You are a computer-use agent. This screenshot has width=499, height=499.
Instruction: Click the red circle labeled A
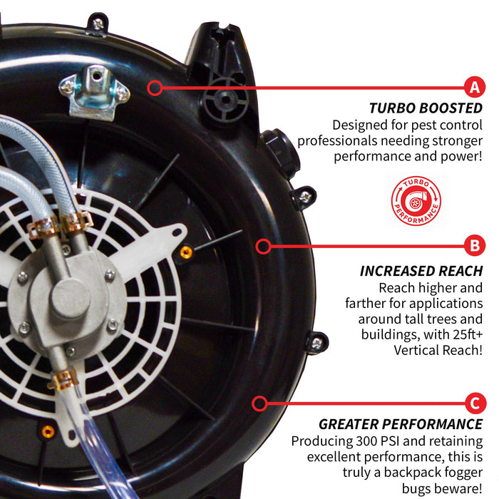[475, 86]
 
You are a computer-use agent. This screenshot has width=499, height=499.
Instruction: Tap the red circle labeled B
[475, 245]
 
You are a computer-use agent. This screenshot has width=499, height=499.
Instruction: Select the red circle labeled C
[475, 403]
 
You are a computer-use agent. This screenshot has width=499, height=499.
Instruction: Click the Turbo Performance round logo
[416, 201]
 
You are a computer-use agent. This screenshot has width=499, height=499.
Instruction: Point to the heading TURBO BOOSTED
[426, 108]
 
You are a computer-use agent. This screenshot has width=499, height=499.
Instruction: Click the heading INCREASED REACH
[421, 271]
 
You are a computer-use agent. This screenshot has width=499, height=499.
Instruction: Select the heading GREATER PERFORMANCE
[401, 424]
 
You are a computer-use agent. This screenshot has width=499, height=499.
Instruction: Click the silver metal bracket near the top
[95, 92]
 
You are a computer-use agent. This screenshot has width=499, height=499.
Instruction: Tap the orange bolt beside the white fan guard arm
[186, 252]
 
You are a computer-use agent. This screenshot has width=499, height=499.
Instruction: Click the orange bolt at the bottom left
[48, 431]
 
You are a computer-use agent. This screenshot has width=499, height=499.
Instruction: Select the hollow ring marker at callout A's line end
[155, 88]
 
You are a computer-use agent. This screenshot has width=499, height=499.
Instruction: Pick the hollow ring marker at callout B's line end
[263, 246]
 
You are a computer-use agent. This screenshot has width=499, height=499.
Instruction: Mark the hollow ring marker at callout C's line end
[259, 403]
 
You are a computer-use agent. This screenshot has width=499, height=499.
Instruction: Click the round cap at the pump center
[71, 299]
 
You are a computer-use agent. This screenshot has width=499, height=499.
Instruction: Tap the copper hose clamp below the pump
[63, 380]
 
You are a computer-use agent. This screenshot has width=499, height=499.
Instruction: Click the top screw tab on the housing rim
[98, 24]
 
